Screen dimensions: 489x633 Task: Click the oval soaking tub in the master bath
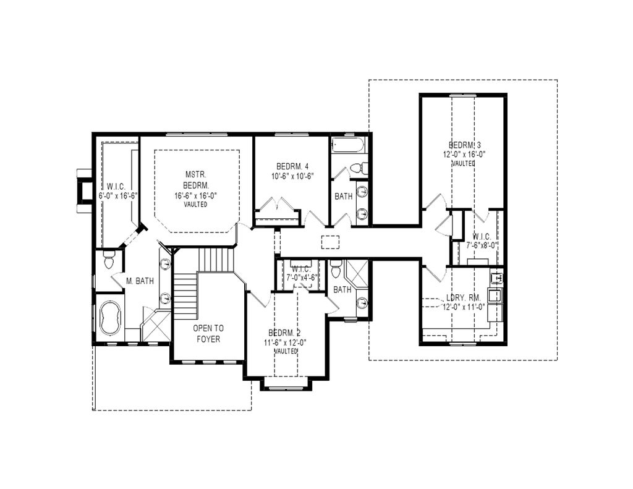(111, 317)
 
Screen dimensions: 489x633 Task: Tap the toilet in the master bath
(109, 260)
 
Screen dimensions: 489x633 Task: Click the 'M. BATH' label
(140, 281)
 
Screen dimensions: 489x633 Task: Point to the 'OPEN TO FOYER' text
(208, 334)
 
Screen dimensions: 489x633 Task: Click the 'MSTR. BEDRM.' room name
(196, 180)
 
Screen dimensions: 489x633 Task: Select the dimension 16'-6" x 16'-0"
(196, 195)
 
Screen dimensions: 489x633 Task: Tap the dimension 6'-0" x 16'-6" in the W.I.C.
(117, 195)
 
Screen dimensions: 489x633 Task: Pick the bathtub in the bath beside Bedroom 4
(349, 147)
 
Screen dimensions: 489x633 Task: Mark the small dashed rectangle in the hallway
(330, 241)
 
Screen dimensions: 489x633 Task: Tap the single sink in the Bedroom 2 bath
(362, 303)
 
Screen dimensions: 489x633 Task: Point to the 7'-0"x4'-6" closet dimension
(301, 278)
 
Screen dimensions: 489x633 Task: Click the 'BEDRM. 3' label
(464, 145)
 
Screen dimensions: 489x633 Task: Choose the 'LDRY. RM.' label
(463, 298)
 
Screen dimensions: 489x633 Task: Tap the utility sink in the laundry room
(495, 296)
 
